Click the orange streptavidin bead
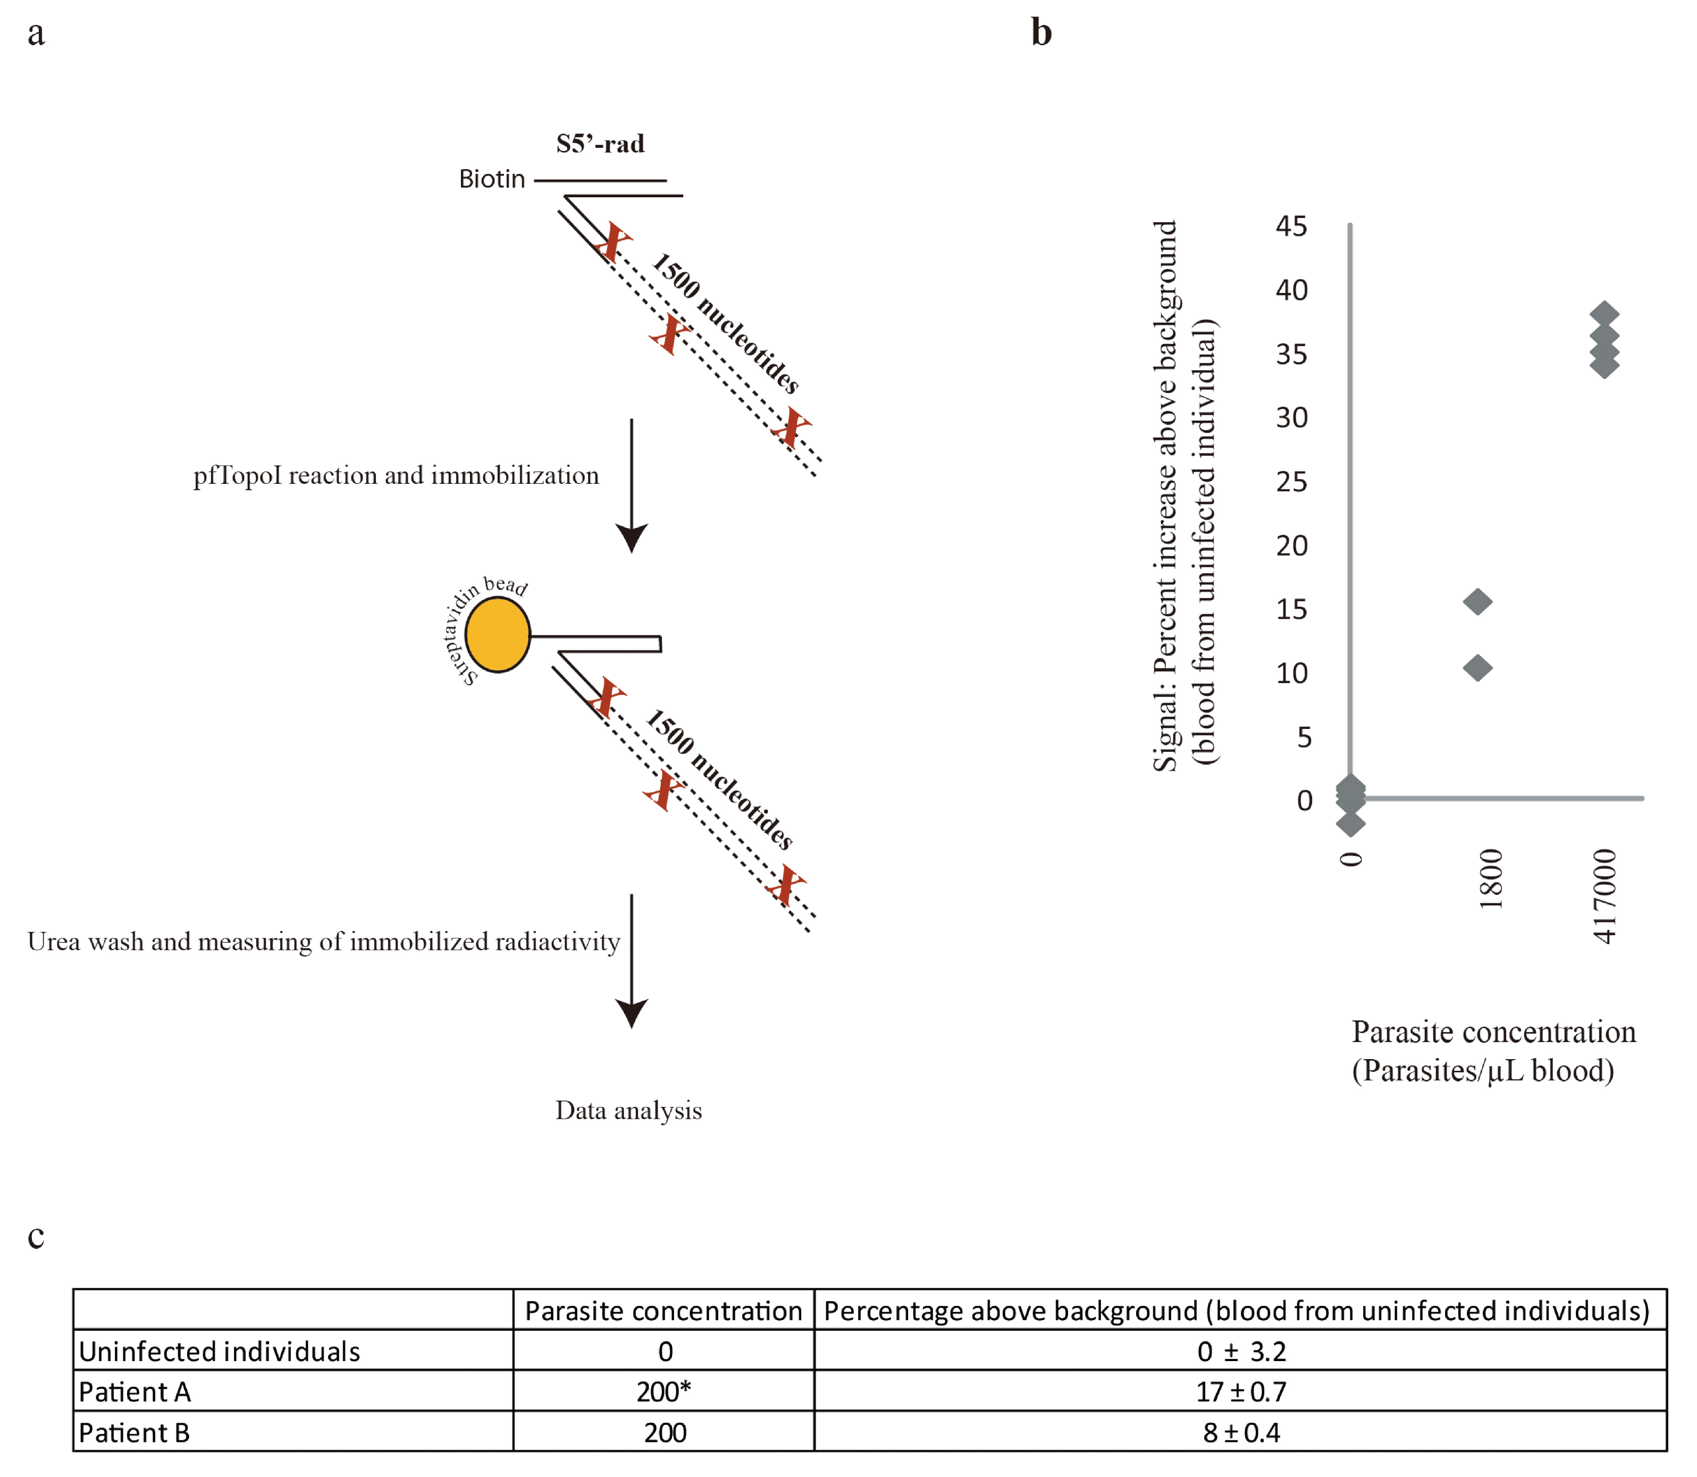(497, 635)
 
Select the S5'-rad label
(600, 144)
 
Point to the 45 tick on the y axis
(1291, 226)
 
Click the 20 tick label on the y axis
(1291, 546)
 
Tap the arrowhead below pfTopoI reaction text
(632, 538)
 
